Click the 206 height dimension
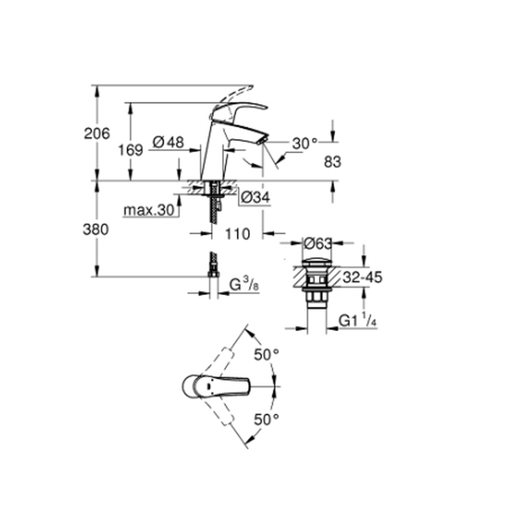pos(97,134)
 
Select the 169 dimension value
pos(130,150)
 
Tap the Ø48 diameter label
pos(169,142)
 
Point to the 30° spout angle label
pos(305,143)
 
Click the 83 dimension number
pos(333,162)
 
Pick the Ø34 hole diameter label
pos(256,197)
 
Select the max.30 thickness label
pos(149,210)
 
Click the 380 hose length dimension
pos(96,230)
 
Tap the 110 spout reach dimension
pos(238,233)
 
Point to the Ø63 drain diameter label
pos(318,243)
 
